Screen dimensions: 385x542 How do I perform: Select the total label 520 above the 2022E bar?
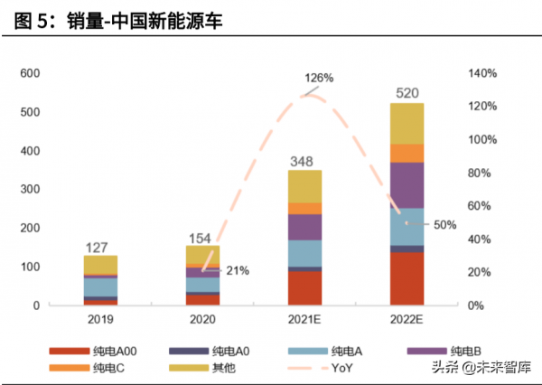[x=406, y=92]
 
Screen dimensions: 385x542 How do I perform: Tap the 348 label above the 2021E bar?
[x=304, y=161]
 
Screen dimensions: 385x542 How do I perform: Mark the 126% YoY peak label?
[x=318, y=79]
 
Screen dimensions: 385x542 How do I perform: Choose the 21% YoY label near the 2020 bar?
[x=237, y=270]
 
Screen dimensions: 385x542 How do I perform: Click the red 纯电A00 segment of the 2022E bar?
[x=406, y=278]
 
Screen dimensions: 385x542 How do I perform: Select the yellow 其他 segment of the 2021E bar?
[x=304, y=186]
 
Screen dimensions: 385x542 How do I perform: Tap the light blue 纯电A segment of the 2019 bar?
[x=100, y=286]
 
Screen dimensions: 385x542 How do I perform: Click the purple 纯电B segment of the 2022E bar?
[x=406, y=185]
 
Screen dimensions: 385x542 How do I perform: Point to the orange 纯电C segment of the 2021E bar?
[x=304, y=209]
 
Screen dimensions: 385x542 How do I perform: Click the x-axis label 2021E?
[x=304, y=319]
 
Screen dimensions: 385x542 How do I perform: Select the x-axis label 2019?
[x=100, y=319]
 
